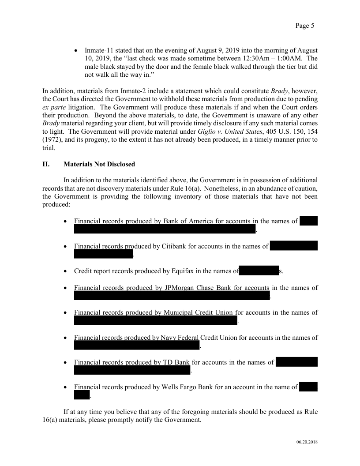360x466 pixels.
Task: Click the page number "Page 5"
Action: (x=304, y=26)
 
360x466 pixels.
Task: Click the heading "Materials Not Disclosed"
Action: (x=99, y=164)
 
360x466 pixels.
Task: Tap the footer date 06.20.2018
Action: (x=307, y=442)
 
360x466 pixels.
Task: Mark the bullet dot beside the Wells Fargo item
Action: (x=66, y=387)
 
